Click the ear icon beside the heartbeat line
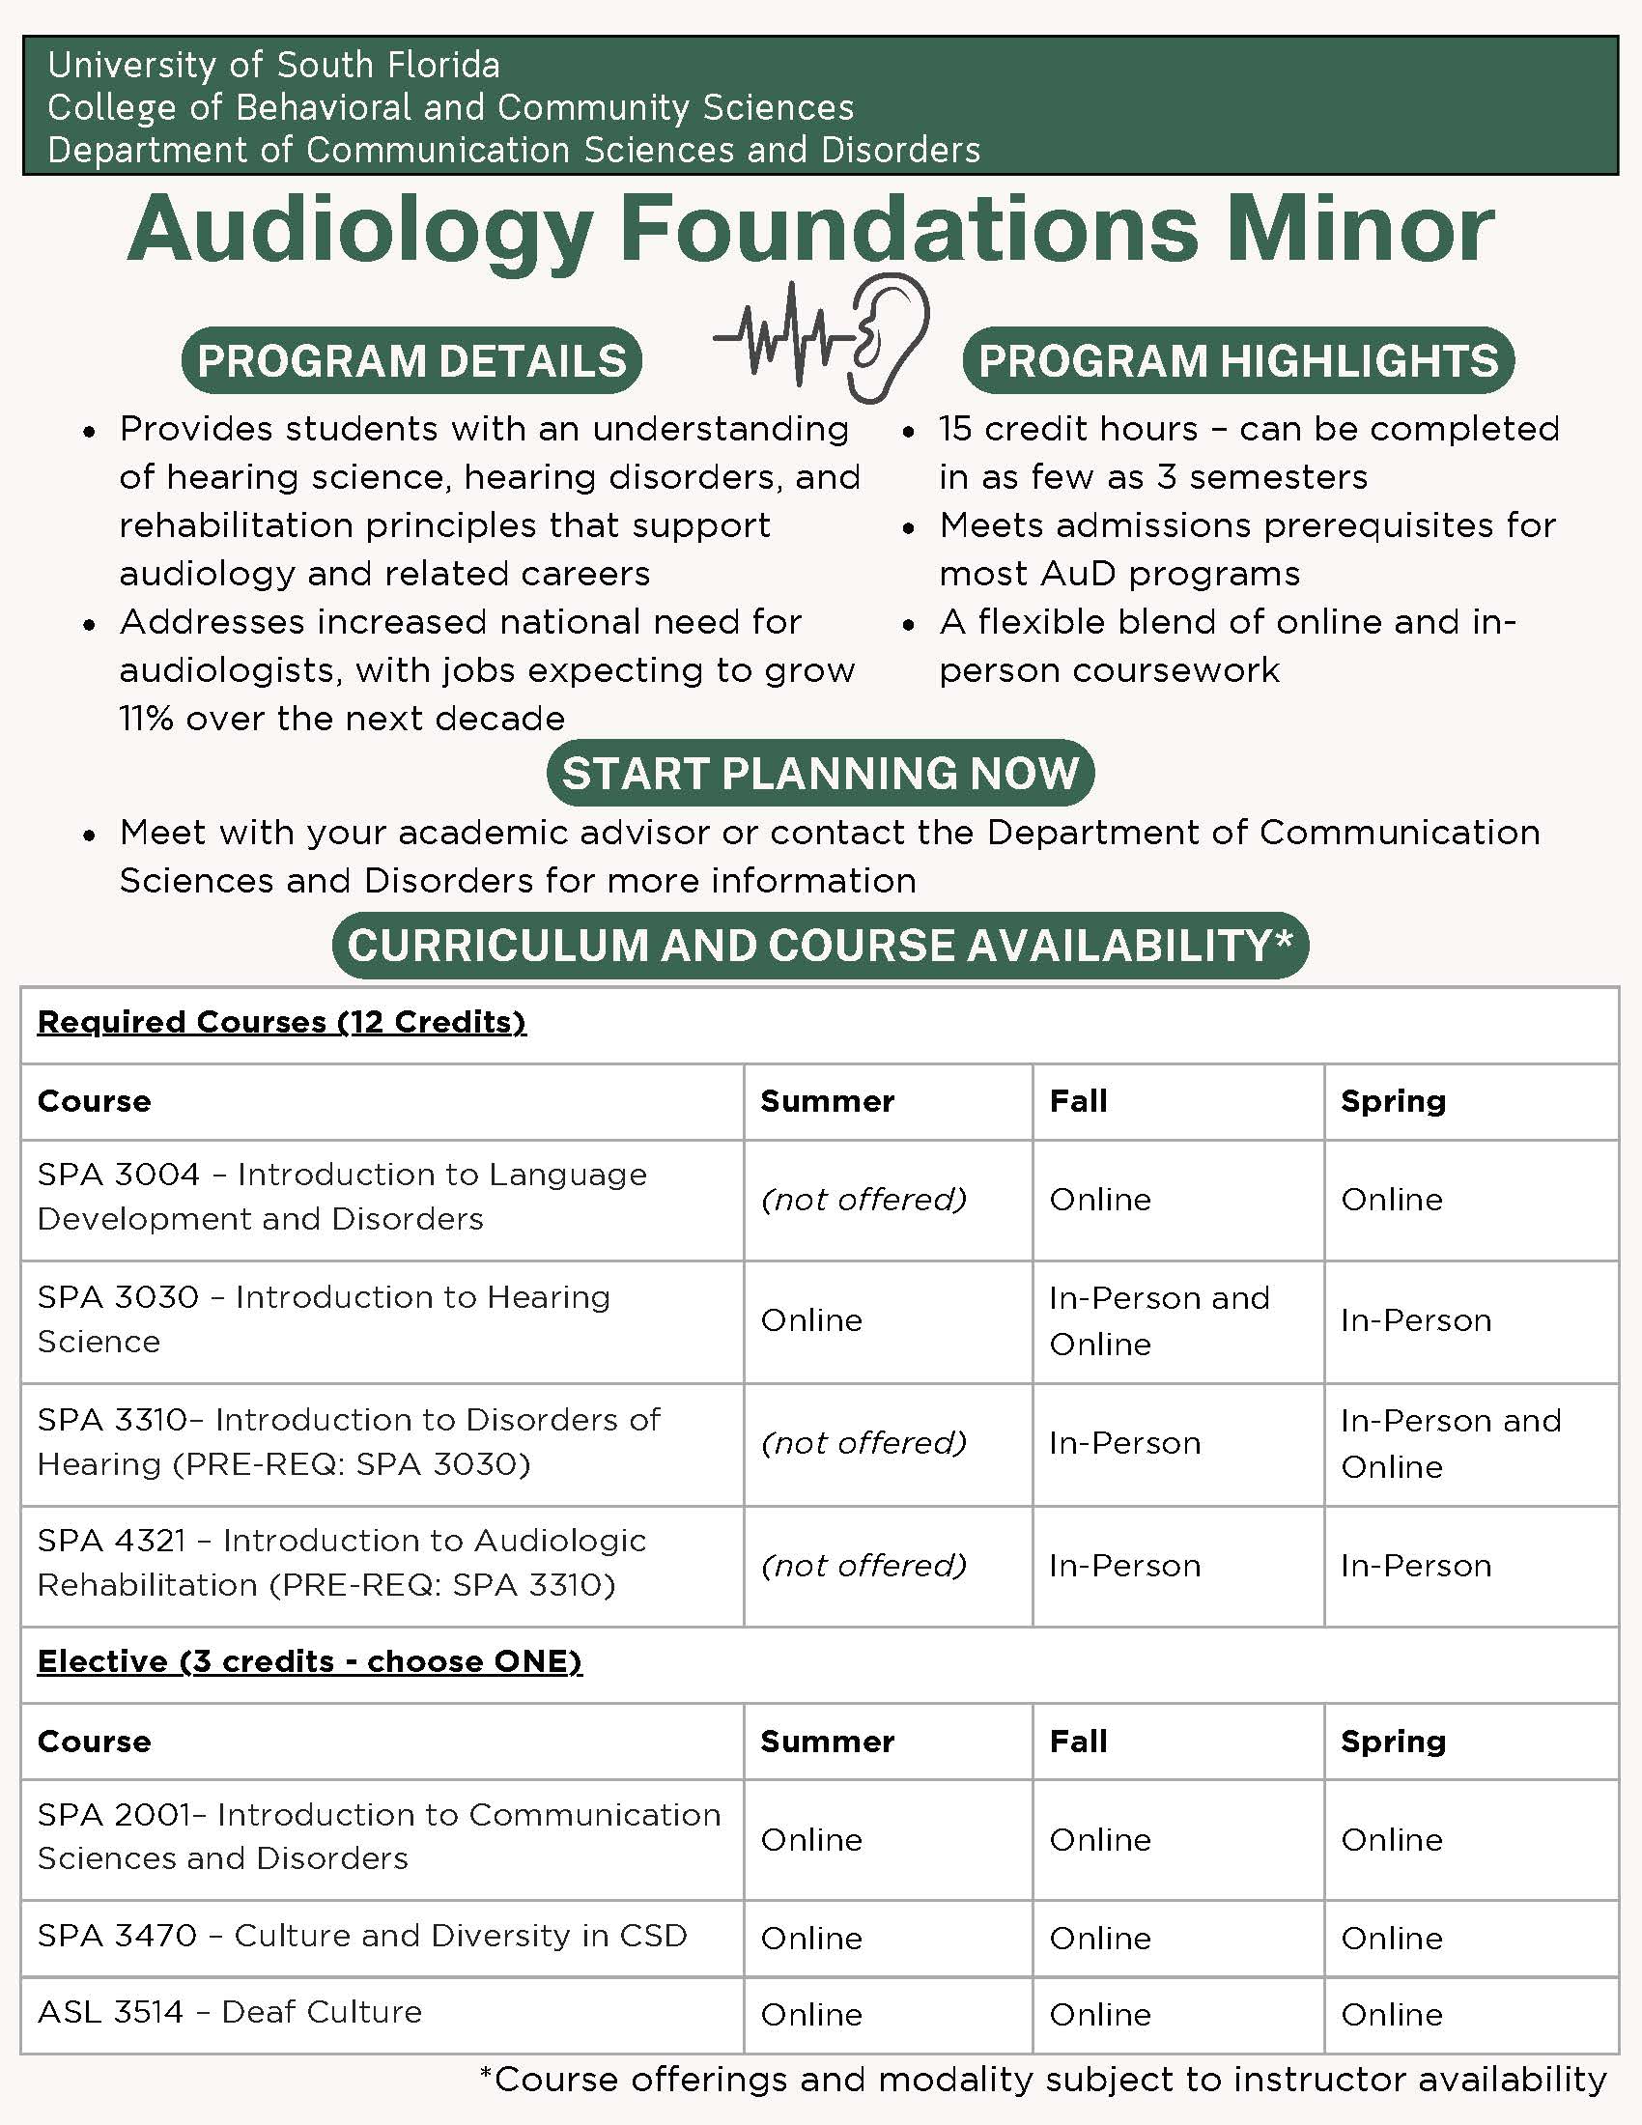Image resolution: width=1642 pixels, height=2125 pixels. [887, 336]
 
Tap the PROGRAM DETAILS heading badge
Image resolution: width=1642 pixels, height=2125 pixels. [411, 361]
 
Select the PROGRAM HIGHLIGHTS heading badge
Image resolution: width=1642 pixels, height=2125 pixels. [1237, 361]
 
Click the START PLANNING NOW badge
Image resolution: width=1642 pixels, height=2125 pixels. [820, 774]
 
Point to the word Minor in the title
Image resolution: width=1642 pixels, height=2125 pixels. [1359, 230]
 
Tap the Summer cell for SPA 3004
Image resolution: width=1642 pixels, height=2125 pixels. [863, 1199]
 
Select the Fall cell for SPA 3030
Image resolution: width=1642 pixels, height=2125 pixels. [1158, 1320]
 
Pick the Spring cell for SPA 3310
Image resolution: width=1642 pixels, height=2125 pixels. [1451, 1443]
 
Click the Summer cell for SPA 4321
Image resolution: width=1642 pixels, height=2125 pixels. [863, 1565]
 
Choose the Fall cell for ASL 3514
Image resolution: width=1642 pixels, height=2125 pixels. [1100, 2014]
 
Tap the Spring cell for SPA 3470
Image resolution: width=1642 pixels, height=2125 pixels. [1391, 1939]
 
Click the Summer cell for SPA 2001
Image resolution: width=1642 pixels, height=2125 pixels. [811, 1839]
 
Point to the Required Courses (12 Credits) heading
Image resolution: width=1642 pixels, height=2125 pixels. [281, 1022]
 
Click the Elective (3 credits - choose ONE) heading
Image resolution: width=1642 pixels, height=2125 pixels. [309, 1661]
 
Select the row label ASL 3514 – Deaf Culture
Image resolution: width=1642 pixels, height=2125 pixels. [230, 2011]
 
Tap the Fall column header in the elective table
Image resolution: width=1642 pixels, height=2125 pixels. [1078, 1741]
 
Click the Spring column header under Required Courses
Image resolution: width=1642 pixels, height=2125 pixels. [1393, 1100]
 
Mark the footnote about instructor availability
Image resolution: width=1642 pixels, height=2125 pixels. [1043, 2080]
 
